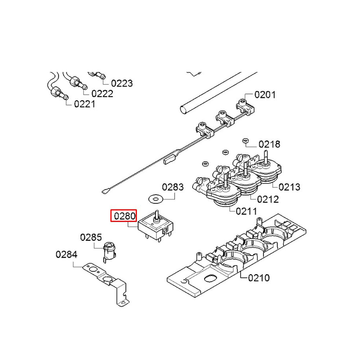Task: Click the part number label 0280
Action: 124,216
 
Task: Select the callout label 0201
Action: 265,95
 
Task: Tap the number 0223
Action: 122,84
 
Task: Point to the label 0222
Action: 102,94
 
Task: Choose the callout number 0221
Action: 85,104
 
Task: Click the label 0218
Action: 269,144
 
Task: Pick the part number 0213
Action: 289,187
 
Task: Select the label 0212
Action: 268,199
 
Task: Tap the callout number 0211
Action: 247,211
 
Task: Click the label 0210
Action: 259,278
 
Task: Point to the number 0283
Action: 172,187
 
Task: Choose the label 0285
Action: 91,238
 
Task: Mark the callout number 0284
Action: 66,255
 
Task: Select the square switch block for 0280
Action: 156,227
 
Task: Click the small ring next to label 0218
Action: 246,140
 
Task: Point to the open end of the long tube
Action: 183,108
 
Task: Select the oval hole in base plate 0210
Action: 209,278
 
